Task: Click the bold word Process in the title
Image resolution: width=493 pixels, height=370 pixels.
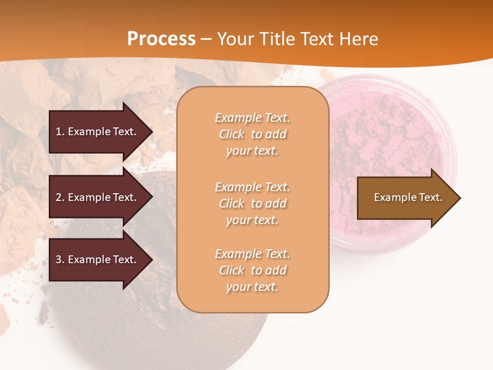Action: pyautogui.click(x=161, y=39)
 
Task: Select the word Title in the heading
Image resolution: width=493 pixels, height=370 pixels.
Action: pyautogui.click(x=278, y=39)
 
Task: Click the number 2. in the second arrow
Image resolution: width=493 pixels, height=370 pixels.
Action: pyautogui.click(x=60, y=197)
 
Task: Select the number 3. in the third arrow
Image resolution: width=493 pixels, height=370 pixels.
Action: pyautogui.click(x=60, y=260)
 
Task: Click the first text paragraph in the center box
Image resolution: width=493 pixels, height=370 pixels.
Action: pyautogui.click(x=252, y=134)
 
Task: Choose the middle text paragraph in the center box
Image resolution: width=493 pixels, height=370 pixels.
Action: pyautogui.click(x=252, y=203)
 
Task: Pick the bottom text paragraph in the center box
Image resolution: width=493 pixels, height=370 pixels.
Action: pyautogui.click(x=252, y=270)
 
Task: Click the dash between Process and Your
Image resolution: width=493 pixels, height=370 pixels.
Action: pyautogui.click(x=206, y=39)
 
